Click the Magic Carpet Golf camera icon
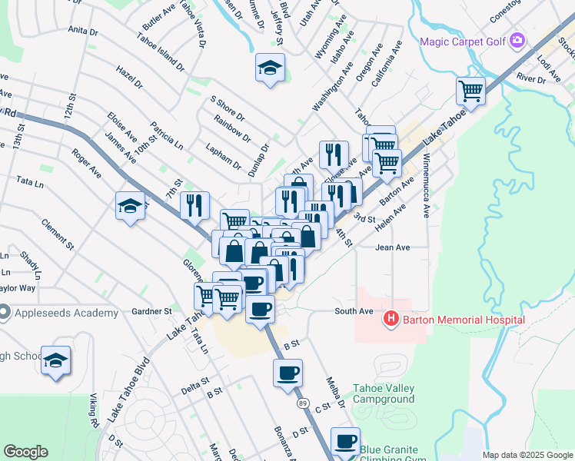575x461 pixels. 517,40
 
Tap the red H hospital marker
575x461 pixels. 391,319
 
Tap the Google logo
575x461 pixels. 26,452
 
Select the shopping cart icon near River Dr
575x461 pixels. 470,91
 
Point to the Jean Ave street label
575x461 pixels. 392,247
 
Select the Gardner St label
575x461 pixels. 151,311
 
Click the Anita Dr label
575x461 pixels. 83,31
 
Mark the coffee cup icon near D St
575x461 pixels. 345,441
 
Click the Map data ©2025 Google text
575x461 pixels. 527,455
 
